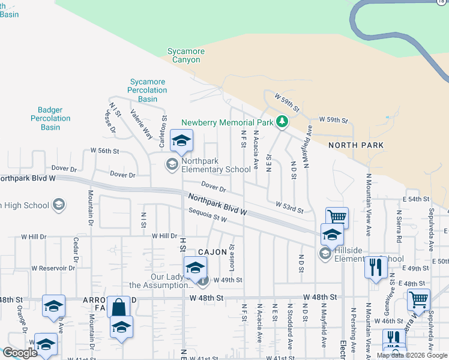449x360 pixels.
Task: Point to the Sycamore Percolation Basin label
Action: (147, 90)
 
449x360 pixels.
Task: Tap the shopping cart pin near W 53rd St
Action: (337, 217)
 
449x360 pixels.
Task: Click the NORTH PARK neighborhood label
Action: (356, 145)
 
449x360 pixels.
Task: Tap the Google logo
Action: (20, 353)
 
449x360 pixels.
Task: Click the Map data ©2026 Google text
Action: (412, 355)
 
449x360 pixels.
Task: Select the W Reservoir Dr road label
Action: (53, 268)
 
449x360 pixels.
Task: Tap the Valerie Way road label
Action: (141, 127)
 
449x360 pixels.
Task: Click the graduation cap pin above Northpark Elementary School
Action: (181, 140)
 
